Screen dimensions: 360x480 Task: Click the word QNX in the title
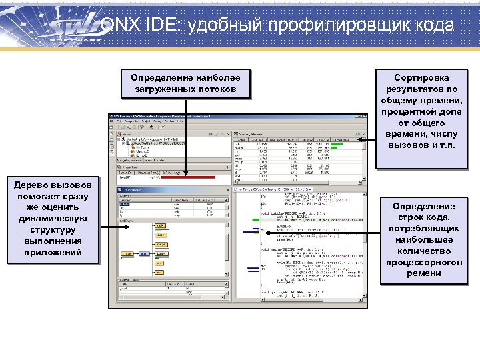click(119, 25)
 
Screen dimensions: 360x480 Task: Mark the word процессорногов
click(413, 263)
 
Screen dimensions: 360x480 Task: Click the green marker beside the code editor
click(256, 219)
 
